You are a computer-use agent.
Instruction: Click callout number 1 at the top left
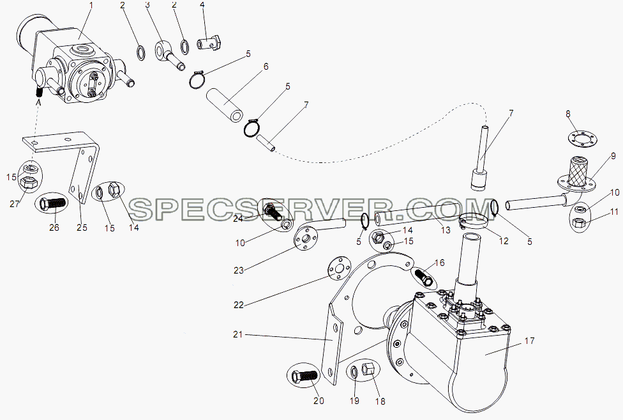pyautogui.click(x=91, y=6)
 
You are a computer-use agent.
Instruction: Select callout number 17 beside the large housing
pyautogui.click(x=529, y=341)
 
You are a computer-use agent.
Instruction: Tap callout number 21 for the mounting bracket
pyautogui.click(x=237, y=334)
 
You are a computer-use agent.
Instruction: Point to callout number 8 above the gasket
pyautogui.click(x=567, y=114)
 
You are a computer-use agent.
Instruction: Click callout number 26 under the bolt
pyautogui.click(x=54, y=227)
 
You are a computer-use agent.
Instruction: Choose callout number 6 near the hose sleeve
pyautogui.click(x=266, y=66)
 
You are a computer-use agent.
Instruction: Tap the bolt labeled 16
pyautogui.click(x=423, y=276)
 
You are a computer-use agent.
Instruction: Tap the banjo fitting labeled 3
pyautogui.click(x=169, y=53)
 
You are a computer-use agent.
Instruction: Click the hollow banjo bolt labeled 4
pyautogui.click(x=209, y=43)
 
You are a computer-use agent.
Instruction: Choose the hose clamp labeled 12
pyautogui.click(x=474, y=221)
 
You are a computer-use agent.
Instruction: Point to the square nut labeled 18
pyautogui.click(x=368, y=368)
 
